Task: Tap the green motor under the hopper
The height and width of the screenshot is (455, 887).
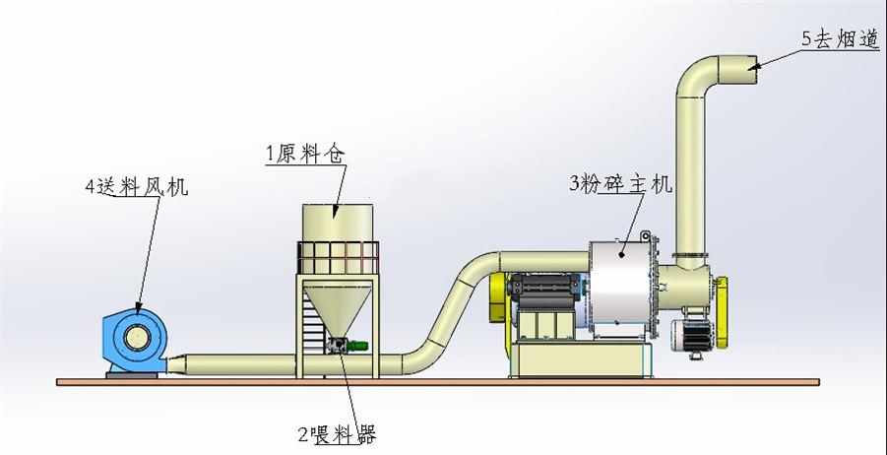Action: click(x=360, y=346)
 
